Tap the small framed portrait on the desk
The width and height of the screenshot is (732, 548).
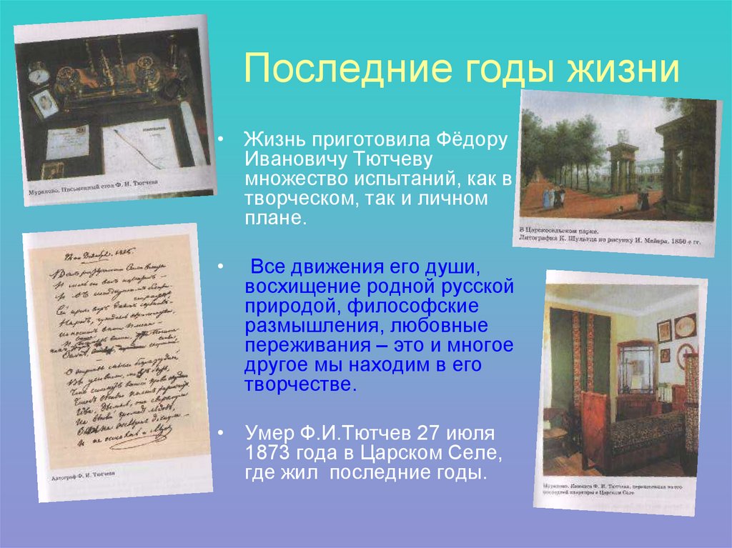pos(45,103)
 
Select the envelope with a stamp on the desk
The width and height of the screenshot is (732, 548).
pos(67,141)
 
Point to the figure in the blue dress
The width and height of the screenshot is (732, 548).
pos(548,197)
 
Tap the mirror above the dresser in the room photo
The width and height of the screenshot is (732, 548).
pos(635,365)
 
